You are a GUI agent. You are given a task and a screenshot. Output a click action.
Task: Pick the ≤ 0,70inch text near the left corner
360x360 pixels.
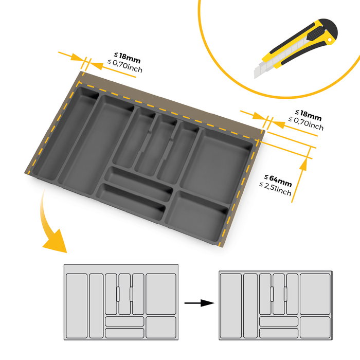point(124,65)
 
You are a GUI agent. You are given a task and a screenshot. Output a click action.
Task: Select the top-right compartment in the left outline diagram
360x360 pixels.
point(161,294)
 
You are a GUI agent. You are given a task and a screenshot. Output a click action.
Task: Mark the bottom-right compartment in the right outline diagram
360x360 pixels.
point(315,328)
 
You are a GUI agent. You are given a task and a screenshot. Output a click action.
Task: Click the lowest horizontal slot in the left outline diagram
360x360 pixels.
point(125,333)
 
